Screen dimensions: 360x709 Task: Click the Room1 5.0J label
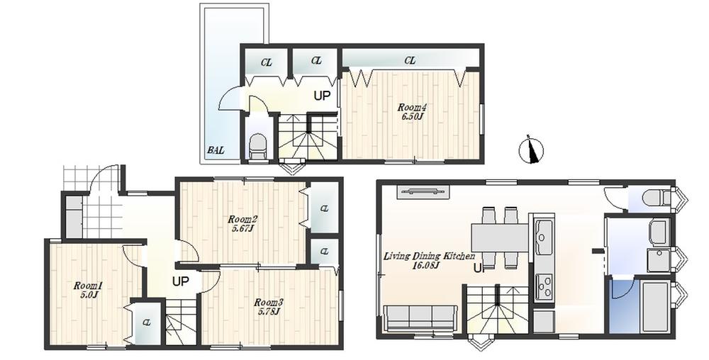click(89, 290)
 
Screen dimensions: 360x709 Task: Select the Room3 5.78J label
click(268, 306)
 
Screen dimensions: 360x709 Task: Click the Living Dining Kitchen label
click(429, 260)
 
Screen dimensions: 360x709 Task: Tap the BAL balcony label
click(216, 150)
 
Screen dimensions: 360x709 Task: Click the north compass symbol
click(532, 149)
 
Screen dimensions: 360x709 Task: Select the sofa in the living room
click(420, 317)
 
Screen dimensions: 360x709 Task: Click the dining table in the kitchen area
click(500, 238)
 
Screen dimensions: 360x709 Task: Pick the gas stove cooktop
click(545, 286)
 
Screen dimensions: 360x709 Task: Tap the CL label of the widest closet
click(410, 61)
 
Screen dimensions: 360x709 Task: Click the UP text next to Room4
click(322, 96)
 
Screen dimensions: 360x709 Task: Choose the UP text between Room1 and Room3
click(181, 281)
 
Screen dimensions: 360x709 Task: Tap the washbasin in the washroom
click(657, 231)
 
